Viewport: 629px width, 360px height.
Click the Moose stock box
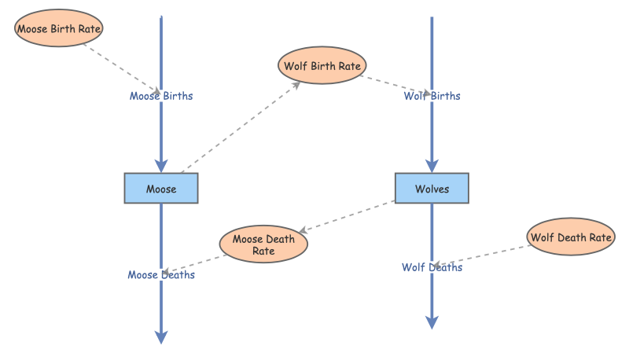pyautogui.click(x=161, y=189)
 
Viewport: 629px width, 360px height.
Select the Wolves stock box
pyautogui.click(x=432, y=189)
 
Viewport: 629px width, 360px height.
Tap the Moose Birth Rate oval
pyautogui.click(x=60, y=29)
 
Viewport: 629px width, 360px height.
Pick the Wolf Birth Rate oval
pyautogui.click(x=322, y=66)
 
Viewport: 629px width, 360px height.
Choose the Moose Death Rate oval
pyautogui.click(x=263, y=244)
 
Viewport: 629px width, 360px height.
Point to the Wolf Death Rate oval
pyautogui.click(x=571, y=237)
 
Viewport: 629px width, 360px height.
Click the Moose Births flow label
pyautogui.click(x=161, y=96)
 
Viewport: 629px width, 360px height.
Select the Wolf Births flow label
pyautogui.click(x=432, y=96)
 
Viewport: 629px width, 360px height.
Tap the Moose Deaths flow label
pyautogui.click(x=161, y=275)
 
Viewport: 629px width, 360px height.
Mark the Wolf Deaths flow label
pyautogui.click(x=432, y=267)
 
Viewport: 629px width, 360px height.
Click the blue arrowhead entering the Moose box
pyautogui.click(x=161, y=165)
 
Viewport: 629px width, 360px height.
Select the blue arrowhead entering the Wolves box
pyautogui.click(x=432, y=165)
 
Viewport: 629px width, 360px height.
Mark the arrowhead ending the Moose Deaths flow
pyautogui.click(x=161, y=337)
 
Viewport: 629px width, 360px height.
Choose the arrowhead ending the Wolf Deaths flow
pyautogui.click(x=432, y=321)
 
